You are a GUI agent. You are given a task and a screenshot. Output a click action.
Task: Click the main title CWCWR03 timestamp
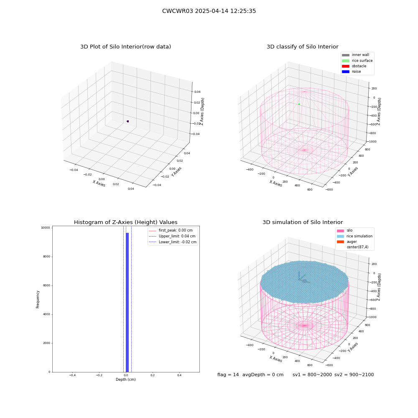click(x=209, y=11)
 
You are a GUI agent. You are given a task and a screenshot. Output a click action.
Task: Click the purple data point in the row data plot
click(x=127, y=121)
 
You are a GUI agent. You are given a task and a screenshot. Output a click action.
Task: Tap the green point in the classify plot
click(x=299, y=104)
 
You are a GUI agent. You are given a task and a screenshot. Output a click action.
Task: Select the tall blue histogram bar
click(x=127, y=302)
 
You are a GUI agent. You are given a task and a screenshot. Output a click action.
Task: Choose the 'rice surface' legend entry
click(x=357, y=61)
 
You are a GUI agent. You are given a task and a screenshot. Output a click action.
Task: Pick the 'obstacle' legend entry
click(x=354, y=66)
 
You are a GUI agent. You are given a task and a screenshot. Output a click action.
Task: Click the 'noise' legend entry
click(x=352, y=71)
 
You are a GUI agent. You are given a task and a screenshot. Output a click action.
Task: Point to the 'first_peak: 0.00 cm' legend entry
click(x=171, y=230)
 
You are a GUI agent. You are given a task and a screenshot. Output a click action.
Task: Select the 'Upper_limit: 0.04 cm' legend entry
click(x=172, y=236)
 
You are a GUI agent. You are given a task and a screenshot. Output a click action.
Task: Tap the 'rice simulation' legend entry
click(x=354, y=236)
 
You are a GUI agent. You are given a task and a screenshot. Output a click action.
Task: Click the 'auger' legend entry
click(x=347, y=242)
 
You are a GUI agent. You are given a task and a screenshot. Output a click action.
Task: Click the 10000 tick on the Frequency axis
click(x=45, y=228)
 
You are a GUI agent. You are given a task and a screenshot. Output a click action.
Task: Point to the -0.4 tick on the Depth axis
click(x=72, y=375)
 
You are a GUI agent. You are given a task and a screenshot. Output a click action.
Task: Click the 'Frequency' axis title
click(x=38, y=299)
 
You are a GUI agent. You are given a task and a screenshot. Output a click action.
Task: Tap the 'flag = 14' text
click(x=228, y=375)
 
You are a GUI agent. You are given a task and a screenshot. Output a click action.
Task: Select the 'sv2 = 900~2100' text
click(x=354, y=375)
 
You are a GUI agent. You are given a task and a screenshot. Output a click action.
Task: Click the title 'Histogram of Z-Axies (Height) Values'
click(x=125, y=222)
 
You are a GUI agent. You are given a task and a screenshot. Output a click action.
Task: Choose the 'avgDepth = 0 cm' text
click(x=263, y=375)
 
